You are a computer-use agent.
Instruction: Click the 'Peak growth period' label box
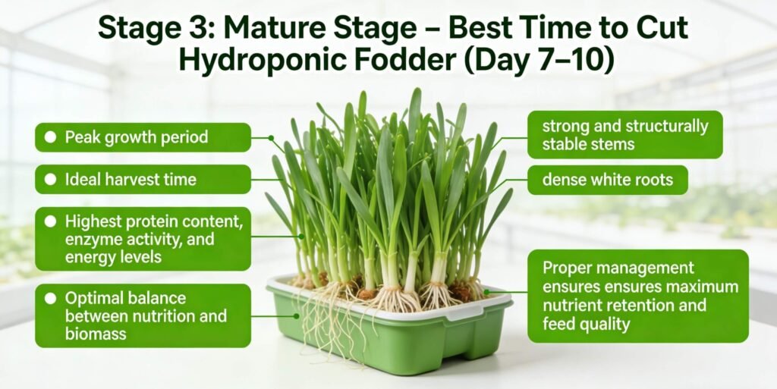tap(143, 137)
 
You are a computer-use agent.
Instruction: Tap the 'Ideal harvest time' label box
tap(143, 180)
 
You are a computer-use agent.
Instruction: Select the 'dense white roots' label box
tap(607, 180)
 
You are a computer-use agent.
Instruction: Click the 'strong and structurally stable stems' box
tap(624, 134)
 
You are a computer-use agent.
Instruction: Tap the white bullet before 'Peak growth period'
tap(51, 137)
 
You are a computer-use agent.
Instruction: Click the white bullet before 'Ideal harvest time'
tap(51, 180)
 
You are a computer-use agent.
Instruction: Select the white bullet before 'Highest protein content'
tap(51, 222)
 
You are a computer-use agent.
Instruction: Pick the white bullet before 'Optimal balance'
tap(51, 298)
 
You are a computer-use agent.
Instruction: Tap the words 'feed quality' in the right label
tap(587, 325)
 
